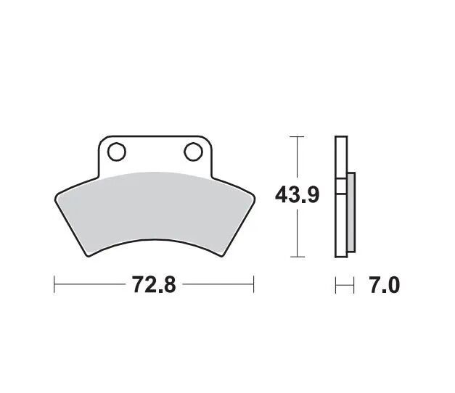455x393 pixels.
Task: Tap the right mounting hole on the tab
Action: pos(193,152)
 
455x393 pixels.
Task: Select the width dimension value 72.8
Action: pos(154,285)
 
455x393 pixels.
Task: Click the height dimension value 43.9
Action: pos(297,196)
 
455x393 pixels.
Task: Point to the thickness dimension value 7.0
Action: pos(385,285)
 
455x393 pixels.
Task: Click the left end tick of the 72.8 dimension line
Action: pos(54,284)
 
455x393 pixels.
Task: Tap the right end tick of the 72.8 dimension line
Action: pos(253,284)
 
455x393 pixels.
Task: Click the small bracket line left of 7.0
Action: pos(345,285)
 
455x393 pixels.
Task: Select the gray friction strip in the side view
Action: pos(351,213)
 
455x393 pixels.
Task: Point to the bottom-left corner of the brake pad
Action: pos(88,255)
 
